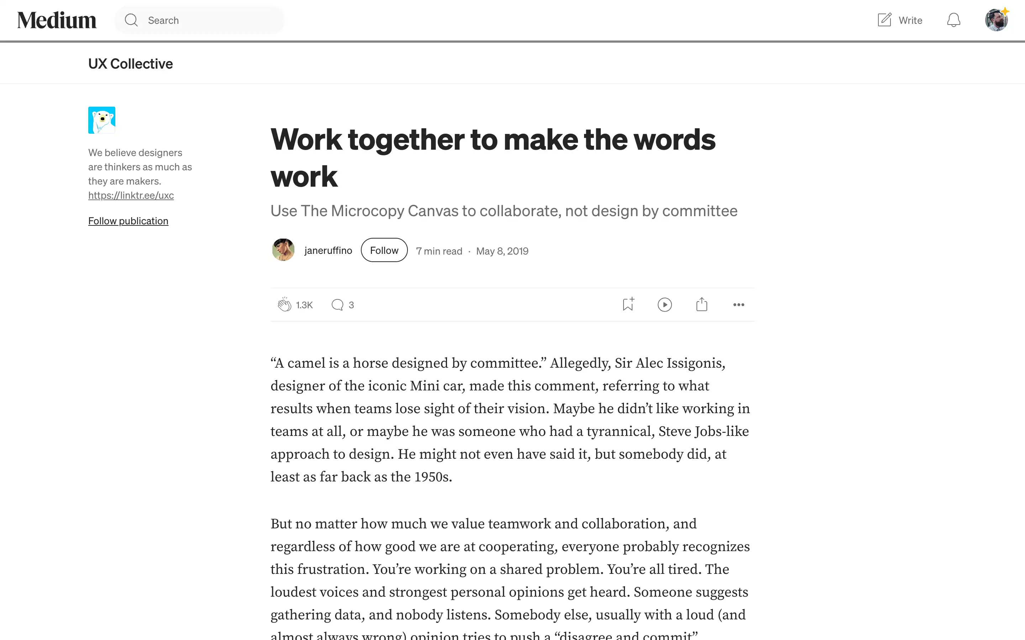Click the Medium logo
57,20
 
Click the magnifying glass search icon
131,20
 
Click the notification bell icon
953,20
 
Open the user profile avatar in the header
996,20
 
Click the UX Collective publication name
131,64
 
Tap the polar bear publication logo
102,120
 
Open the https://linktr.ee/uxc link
131,196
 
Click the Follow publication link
128,221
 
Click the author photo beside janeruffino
283,250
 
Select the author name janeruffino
328,251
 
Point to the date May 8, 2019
502,251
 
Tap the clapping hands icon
284,304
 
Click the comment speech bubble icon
337,305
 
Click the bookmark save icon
628,304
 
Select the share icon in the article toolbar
701,304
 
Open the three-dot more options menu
738,305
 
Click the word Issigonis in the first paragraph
695,363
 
